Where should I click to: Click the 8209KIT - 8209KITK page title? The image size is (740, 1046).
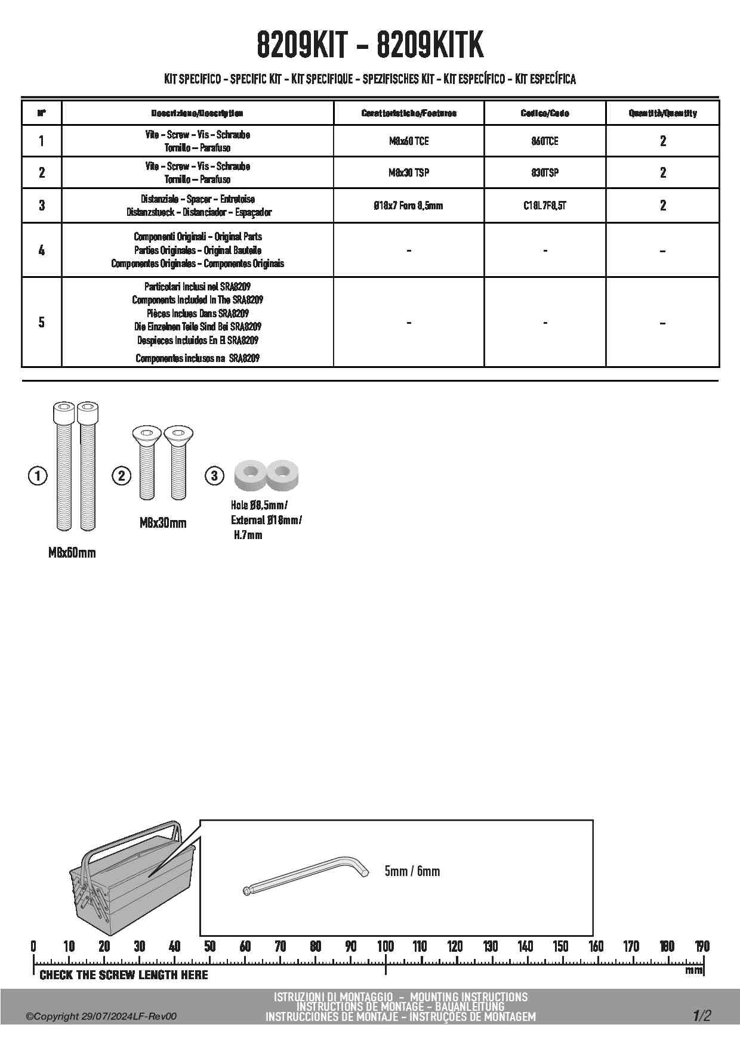pyautogui.click(x=370, y=45)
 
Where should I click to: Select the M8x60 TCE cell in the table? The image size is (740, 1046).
pyautogui.click(x=409, y=141)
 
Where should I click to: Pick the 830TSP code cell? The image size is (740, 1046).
pyautogui.click(x=545, y=173)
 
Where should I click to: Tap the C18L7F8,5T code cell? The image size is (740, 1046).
pyautogui.click(x=545, y=206)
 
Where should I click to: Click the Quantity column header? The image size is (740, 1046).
pyautogui.click(x=662, y=113)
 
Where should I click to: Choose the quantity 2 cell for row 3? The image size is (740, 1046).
pyautogui.click(x=662, y=206)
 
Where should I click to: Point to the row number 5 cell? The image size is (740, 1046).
pyautogui.click(x=41, y=322)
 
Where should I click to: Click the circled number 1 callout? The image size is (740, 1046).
pyautogui.click(x=38, y=475)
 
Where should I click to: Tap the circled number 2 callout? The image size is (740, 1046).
pyautogui.click(x=122, y=475)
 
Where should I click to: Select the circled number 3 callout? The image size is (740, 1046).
pyautogui.click(x=214, y=475)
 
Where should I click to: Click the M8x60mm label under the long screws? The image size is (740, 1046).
pyautogui.click(x=72, y=553)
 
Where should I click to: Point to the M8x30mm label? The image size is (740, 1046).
pyautogui.click(x=163, y=523)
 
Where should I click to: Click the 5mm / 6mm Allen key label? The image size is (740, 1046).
pyautogui.click(x=412, y=871)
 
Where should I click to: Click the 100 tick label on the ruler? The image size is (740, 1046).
pyautogui.click(x=386, y=946)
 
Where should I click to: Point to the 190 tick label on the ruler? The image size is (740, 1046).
pyautogui.click(x=702, y=946)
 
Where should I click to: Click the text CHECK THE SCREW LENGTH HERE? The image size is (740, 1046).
pyautogui.click(x=124, y=975)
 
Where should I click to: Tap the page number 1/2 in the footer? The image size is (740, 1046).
pyautogui.click(x=702, y=1016)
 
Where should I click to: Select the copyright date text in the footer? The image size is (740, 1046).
pyautogui.click(x=101, y=1017)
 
